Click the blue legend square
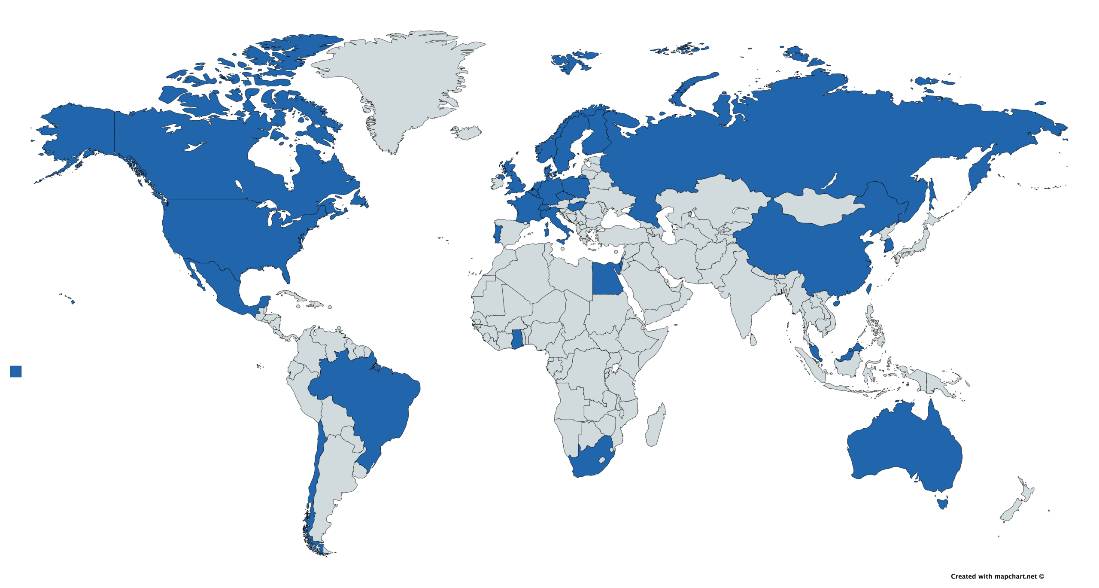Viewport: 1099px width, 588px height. pyautogui.click(x=16, y=372)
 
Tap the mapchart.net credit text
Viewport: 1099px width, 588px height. pyautogui.click(x=997, y=576)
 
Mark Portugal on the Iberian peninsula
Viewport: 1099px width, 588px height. pyautogui.click(x=497, y=232)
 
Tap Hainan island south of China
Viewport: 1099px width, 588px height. pyautogui.click(x=836, y=303)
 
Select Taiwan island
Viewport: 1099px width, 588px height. pyautogui.click(x=868, y=288)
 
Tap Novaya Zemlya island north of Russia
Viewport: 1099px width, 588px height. pyautogui.click(x=691, y=88)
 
